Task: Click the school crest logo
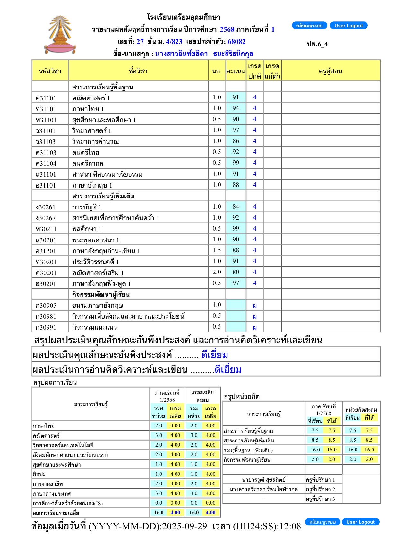[x=60, y=35]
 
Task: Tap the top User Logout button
[x=348, y=26]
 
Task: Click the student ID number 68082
[x=236, y=42]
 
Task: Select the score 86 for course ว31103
[x=236, y=141]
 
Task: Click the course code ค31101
[x=46, y=98]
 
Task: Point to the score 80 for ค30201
[x=236, y=272]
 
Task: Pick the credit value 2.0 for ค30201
[x=217, y=272]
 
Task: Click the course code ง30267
[x=46, y=218]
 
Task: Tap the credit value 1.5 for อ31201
[x=217, y=250]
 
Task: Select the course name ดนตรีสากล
[x=88, y=164]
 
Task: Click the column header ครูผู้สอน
[x=330, y=71]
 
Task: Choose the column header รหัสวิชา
[x=50, y=71]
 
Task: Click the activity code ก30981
[x=46, y=316]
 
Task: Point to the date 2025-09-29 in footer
[x=185, y=526]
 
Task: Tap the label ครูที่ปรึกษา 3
[x=320, y=499]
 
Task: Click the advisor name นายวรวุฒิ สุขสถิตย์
[x=264, y=480]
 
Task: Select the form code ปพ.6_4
[x=317, y=44]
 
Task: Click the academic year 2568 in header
[x=227, y=29]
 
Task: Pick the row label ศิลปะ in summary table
[x=39, y=474]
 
